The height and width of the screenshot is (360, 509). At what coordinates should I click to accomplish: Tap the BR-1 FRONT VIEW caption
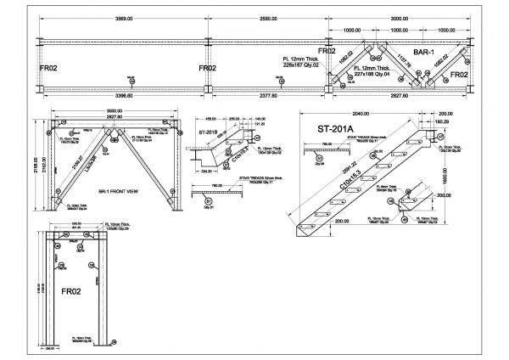115,194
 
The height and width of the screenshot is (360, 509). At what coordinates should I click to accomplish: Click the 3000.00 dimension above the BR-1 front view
115,111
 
